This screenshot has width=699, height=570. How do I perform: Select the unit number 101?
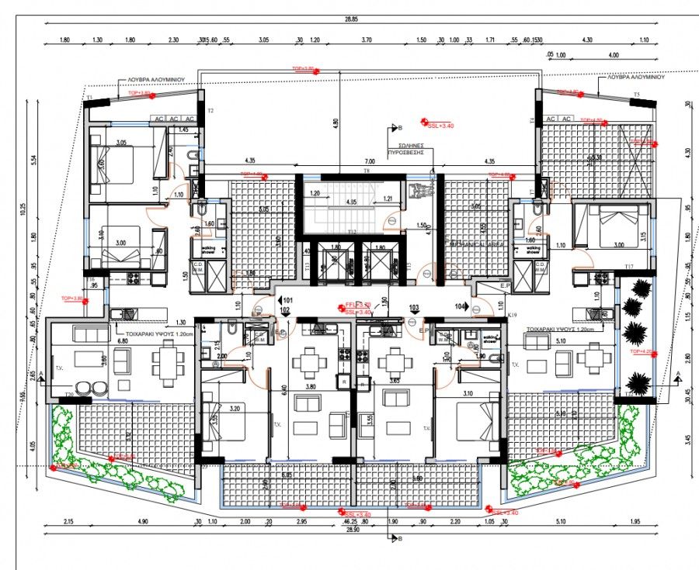287,299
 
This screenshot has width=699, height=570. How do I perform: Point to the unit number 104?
460,306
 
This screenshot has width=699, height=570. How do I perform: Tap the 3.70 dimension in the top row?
367,40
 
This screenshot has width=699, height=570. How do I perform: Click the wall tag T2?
210,111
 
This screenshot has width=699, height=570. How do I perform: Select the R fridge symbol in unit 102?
343,382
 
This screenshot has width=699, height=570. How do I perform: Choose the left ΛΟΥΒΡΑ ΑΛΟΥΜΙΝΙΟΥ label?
145,79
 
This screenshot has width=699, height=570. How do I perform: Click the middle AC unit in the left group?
175,119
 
